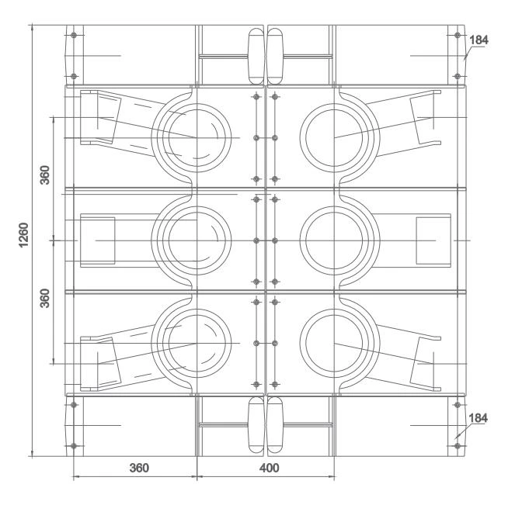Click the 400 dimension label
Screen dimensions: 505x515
click(x=267, y=468)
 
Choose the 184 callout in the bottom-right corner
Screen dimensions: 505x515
click(x=479, y=419)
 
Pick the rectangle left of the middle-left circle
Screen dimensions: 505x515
click(x=98, y=240)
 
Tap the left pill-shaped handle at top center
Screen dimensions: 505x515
click(x=256, y=57)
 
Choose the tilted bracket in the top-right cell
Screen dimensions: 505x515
click(x=431, y=119)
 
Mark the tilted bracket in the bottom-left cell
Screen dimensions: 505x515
click(x=99, y=361)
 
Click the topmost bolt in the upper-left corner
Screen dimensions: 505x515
click(x=73, y=36)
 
